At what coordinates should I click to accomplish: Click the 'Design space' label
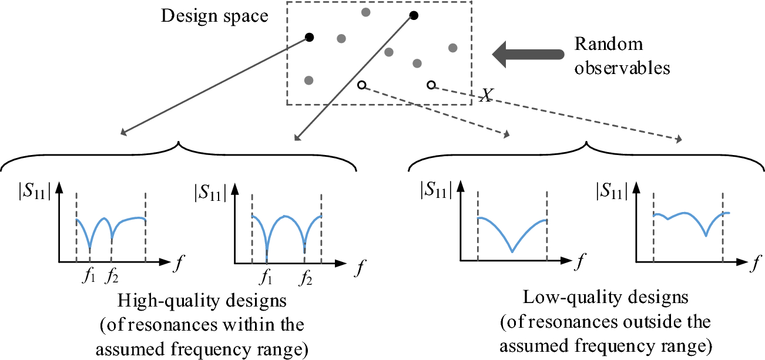coord(214,16)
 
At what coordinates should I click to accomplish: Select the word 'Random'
coord(608,45)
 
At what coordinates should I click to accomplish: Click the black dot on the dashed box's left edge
coord(309,38)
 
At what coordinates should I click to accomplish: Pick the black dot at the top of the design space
coord(414,15)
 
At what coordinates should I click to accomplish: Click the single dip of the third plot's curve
coord(512,252)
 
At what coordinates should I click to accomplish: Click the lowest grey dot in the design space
coord(309,80)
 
